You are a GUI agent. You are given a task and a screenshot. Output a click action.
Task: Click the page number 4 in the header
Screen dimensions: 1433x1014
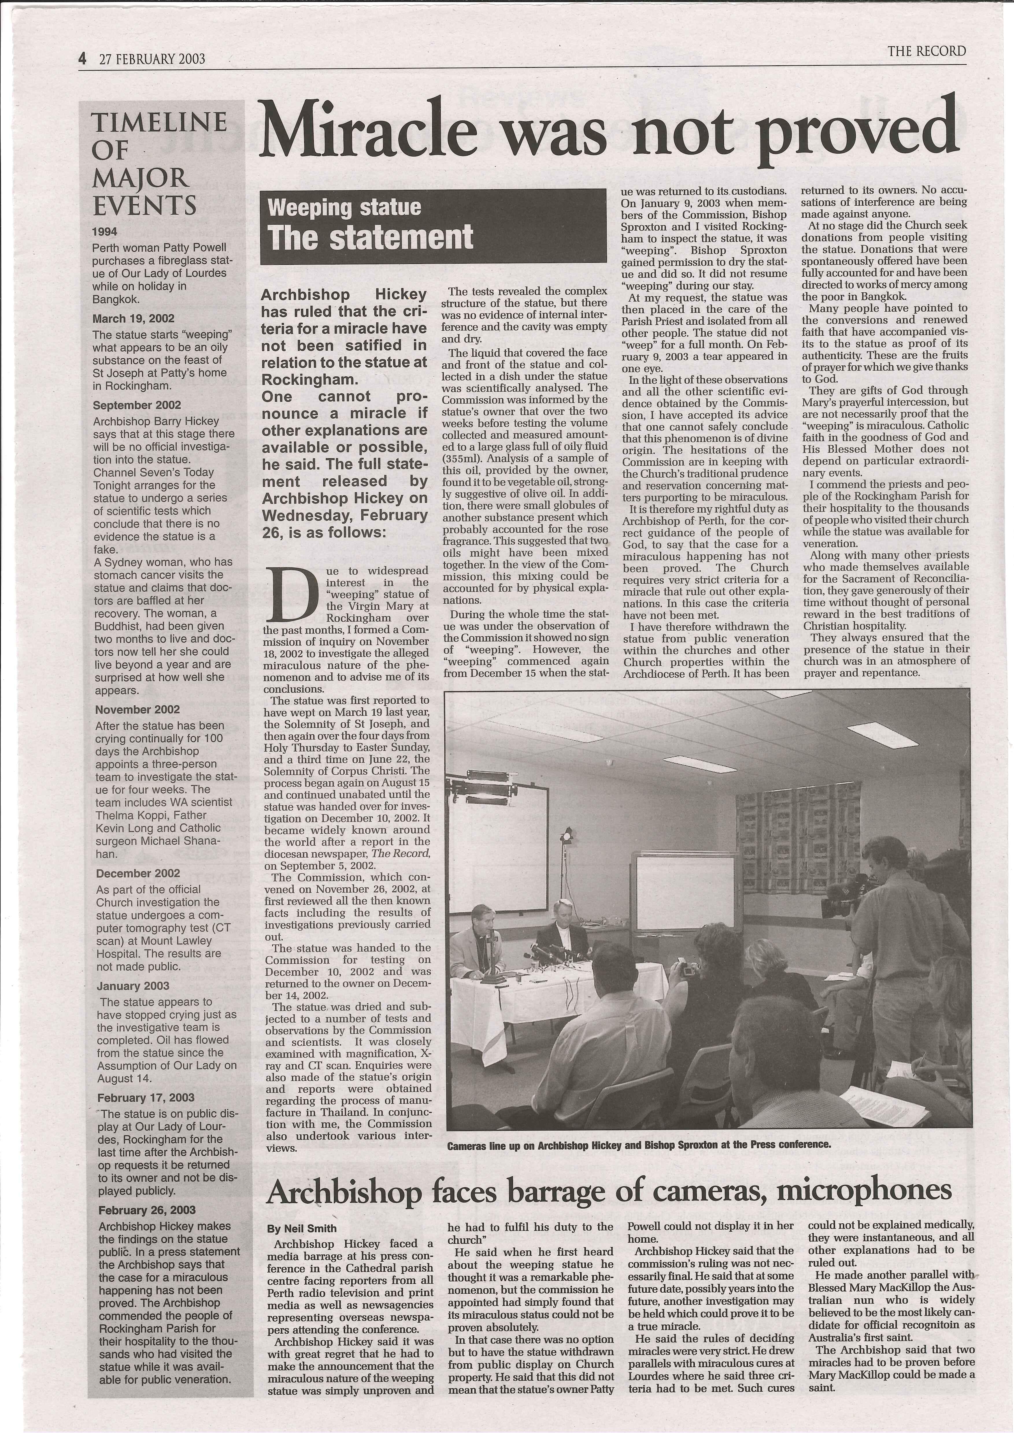pos(82,59)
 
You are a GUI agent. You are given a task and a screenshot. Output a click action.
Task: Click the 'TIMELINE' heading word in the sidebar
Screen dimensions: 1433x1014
pos(159,122)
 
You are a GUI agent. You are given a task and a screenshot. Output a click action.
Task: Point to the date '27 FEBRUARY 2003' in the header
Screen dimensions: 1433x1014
pos(152,59)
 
